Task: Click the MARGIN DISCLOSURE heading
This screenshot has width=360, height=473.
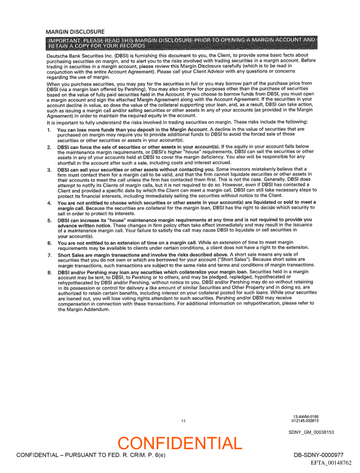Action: point(75,32)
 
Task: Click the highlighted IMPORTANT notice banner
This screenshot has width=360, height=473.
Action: point(181,43)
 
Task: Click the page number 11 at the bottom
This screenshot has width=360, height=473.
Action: point(183,421)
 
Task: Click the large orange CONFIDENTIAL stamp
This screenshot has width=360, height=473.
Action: point(180,443)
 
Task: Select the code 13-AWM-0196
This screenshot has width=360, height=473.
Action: point(306,416)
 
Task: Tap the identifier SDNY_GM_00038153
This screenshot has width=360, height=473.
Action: point(311,432)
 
